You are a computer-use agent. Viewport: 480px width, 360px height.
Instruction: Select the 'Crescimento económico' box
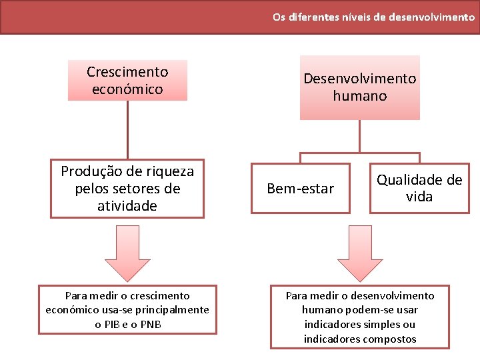pos(127,81)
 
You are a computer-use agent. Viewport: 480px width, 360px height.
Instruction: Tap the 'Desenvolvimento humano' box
pos(359,87)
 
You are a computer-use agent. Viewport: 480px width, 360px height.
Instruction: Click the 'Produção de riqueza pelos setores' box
pos(127,189)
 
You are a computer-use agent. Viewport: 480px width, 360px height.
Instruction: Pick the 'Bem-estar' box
pos(300,189)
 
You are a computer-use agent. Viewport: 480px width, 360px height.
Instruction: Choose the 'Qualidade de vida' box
pos(419,189)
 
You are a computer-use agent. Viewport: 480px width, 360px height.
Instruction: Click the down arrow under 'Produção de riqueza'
pos(127,252)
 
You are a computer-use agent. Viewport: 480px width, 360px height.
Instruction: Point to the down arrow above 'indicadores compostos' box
pos(359,252)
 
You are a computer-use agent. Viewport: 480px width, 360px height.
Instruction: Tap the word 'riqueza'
pos(167,171)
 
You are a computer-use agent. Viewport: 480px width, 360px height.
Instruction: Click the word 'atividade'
pos(127,206)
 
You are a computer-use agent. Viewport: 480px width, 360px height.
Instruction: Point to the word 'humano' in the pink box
pos(359,96)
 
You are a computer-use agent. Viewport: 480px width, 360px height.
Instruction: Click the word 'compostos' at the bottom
pos(389,339)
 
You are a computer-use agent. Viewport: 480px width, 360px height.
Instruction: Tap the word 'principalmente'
pos(173,310)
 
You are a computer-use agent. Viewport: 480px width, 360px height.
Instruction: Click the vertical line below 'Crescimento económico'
pos(127,130)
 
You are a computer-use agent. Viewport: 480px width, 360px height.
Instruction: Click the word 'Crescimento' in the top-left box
pos(127,72)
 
